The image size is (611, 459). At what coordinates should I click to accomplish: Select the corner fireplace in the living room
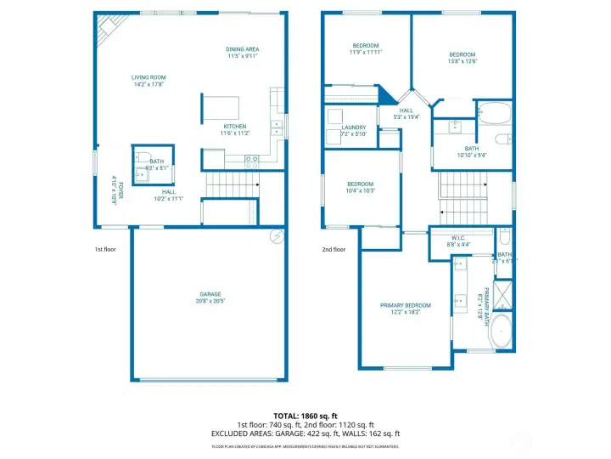109,31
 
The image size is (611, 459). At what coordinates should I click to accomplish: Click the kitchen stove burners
251,159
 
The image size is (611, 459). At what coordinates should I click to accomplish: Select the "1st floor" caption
105,250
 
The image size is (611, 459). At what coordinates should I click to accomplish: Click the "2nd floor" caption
334,250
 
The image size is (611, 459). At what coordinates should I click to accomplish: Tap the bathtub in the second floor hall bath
493,113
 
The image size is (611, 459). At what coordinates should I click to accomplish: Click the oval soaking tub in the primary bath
501,331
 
